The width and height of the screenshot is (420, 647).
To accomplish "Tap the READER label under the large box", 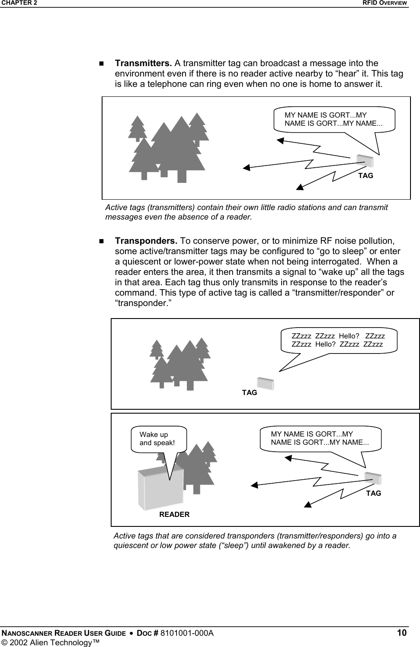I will pos(174,514).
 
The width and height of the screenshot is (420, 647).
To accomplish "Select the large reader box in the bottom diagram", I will pos(160,488).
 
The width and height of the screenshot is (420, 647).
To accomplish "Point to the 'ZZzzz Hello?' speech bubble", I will pos(338,340).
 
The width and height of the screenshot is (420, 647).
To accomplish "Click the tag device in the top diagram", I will pos(365,161).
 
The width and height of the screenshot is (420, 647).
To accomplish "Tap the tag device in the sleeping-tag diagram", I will pos(265,383).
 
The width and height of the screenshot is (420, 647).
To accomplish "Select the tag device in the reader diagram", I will pos(372,479).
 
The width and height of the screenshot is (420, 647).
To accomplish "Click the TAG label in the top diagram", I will pos(365,176).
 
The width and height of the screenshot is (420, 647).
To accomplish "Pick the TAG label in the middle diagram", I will pos(250,392).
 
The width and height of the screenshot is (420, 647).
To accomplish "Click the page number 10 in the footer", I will pos(402,633).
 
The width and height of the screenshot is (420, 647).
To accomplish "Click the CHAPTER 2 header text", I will pos(19,3).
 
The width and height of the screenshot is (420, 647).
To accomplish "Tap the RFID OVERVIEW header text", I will pos(385,3).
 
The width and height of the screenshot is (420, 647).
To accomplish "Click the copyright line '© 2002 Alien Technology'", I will pos(50,643).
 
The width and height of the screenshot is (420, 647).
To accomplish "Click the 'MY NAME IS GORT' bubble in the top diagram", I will pos(334,119).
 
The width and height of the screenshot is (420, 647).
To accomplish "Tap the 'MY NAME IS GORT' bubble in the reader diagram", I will pos(320,438).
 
